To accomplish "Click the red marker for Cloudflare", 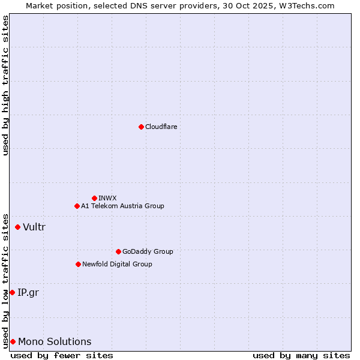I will pos(141,127).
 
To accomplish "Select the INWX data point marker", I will pos(94,198).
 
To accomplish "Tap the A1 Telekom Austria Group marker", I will pos(77,206).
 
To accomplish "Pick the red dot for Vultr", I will pos(17,227).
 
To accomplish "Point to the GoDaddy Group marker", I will pos(118,251).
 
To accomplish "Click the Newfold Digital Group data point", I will pos(78,264).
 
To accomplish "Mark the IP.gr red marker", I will pos(12,292).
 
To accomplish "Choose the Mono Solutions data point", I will pos(13,341).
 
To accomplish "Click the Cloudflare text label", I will pos(161,127).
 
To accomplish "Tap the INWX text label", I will pos(107,198).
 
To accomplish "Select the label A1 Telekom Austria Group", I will pos(122,206).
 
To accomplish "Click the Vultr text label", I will pos(34,227).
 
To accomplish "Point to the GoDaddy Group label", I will pos(148,251).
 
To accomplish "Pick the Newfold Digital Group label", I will pos(117,264).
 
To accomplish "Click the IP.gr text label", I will pos(29,292).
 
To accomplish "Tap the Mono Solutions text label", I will pos(55,341).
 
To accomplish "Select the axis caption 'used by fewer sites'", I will pos(62,355).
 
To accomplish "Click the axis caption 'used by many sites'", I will pos(301,355).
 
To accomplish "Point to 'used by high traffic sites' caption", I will pos(5,86).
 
